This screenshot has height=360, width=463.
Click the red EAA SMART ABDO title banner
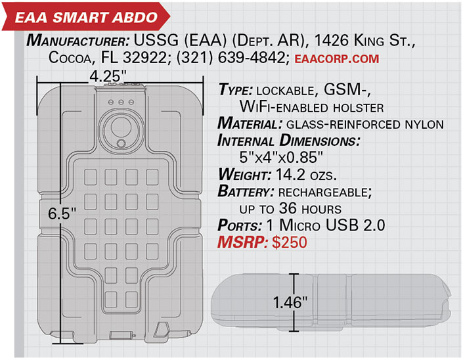click(x=85, y=16)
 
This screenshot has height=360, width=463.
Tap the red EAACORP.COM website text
click(x=337, y=58)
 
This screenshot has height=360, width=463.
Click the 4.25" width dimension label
click(x=108, y=76)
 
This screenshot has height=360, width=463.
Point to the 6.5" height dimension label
click(x=62, y=214)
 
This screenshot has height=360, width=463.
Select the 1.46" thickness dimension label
click(x=290, y=302)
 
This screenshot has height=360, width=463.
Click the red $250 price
click(x=290, y=242)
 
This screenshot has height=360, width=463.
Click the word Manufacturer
click(x=77, y=41)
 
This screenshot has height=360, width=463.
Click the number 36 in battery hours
click(x=288, y=208)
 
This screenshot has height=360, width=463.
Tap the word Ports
click(x=240, y=225)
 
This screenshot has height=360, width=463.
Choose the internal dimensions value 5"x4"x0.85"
click(x=281, y=157)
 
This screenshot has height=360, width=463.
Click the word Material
click(x=250, y=124)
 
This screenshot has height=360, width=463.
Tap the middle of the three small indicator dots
click(x=121, y=102)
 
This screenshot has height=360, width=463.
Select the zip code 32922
click(x=145, y=58)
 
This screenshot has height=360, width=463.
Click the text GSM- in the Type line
click(x=347, y=89)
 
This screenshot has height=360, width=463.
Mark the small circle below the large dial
click(x=121, y=144)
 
